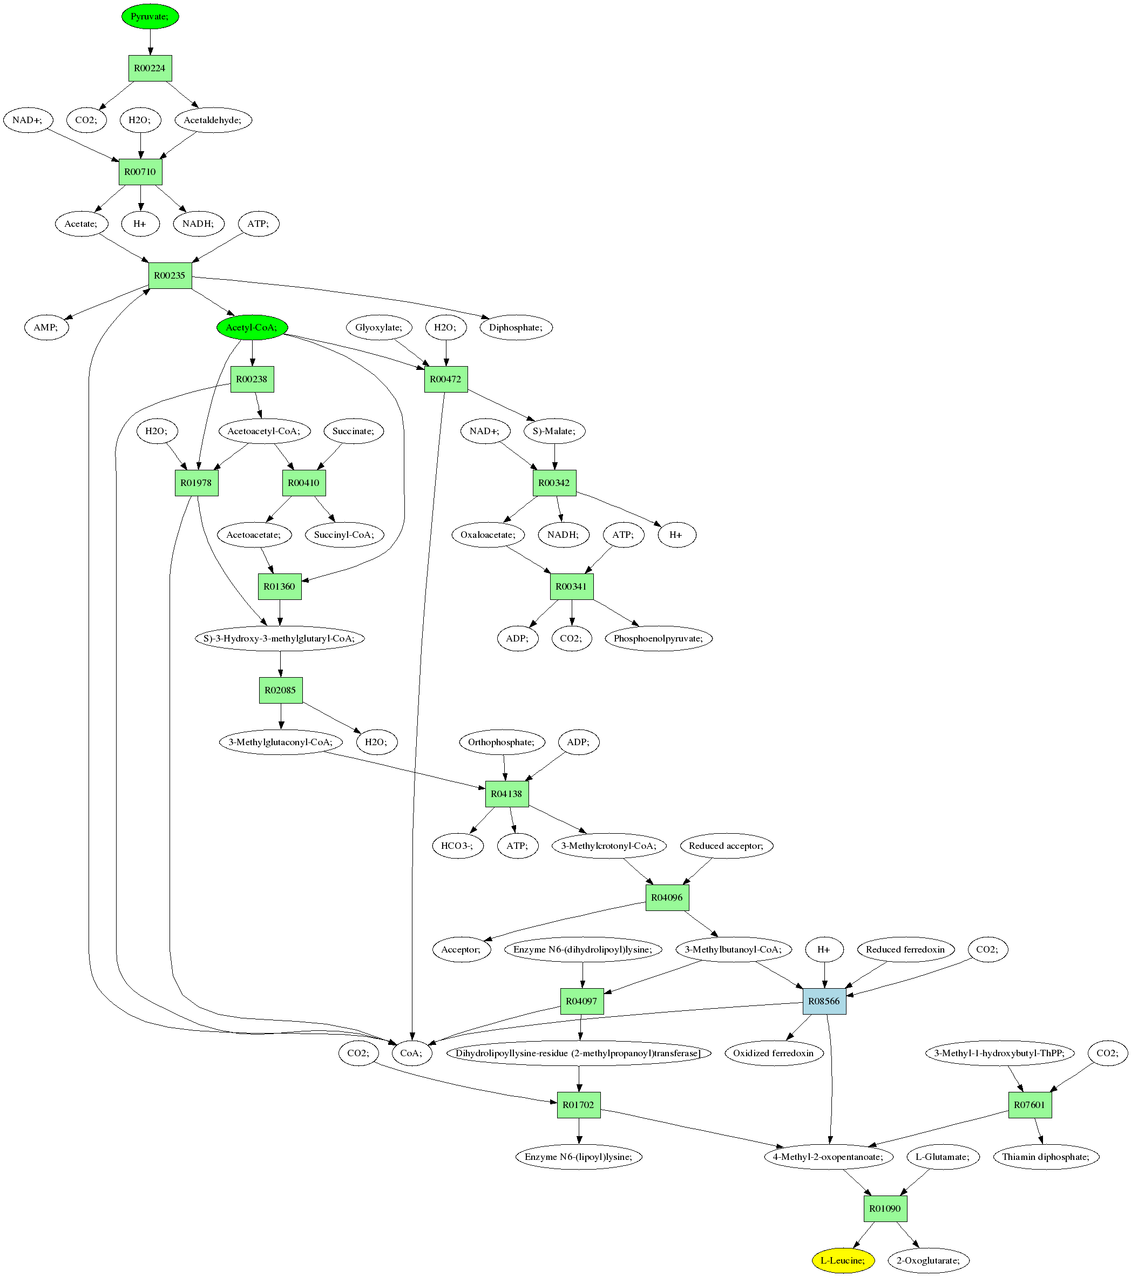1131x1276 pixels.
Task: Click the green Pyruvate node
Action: tap(150, 16)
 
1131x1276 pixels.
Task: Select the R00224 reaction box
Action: tap(150, 68)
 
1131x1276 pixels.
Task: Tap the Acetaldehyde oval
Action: tap(213, 120)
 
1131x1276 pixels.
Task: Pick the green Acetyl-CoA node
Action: tap(252, 327)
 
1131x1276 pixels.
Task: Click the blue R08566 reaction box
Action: tap(824, 1001)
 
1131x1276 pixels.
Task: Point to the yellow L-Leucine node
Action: tap(843, 1260)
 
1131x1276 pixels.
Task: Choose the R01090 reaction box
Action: tap(885, 1209)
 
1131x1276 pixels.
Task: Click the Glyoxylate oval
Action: tap(379, 327)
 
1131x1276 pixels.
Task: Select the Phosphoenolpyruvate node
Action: tap(659, 638)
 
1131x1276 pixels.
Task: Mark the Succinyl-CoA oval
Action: tap(344, 535)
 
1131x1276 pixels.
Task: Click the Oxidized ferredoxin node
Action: tap(774, 1053)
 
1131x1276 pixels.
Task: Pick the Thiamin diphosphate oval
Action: tap(1046, 1157)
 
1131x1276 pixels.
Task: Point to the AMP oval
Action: tap(46, 327)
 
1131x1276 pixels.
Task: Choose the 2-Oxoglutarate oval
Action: tap(928, 1260)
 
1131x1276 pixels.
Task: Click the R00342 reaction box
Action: tap(554, 483)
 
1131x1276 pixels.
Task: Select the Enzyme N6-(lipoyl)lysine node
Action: tap(579, 1157)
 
